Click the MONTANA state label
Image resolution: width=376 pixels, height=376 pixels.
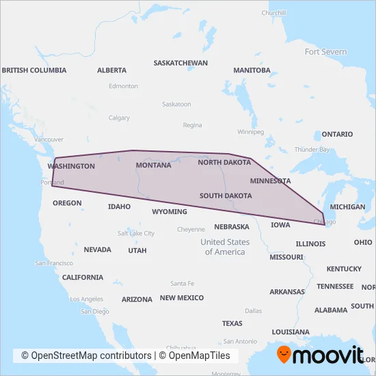[x=153, y=165]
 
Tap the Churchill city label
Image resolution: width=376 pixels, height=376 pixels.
[x=273, y=13]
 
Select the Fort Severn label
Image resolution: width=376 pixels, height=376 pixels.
[x=325, y=52]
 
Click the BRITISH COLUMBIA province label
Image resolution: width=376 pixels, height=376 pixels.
[x=34, y=70]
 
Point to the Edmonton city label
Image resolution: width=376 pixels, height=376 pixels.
[x=123, y=86]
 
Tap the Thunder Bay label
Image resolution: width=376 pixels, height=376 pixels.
[x=312, y=150]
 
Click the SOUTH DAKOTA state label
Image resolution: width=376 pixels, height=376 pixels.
[x=226, y=196]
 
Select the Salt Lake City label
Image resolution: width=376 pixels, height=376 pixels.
[x=136, y=233]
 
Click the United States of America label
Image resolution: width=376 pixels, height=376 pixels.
[x=225, y=247]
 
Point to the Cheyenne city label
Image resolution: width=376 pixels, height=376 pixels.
[x=191, y=230]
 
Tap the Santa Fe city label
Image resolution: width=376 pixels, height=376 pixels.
[x=183, y=283]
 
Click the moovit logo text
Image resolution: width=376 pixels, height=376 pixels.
[x=330, y=355]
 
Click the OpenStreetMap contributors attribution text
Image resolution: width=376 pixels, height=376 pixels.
[x=86, y=356]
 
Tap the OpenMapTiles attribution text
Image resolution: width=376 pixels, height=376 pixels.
[x=198, y=356]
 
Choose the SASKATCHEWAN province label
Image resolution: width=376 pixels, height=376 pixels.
[x=180, y=62]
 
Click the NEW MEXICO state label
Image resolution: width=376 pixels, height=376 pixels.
[x=182, y=298]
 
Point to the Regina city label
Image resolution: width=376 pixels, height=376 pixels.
[x=193, y=125]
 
